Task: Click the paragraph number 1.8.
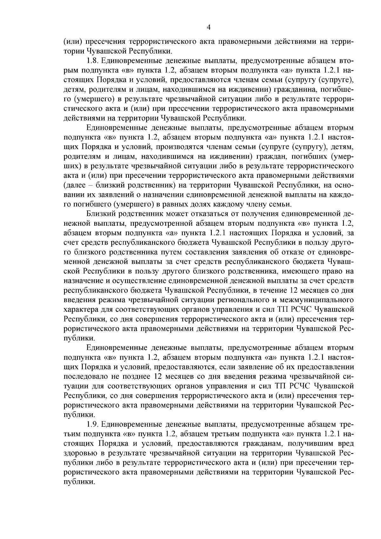[x=92, y=60]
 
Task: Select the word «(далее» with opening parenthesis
[x=74, y=185]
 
